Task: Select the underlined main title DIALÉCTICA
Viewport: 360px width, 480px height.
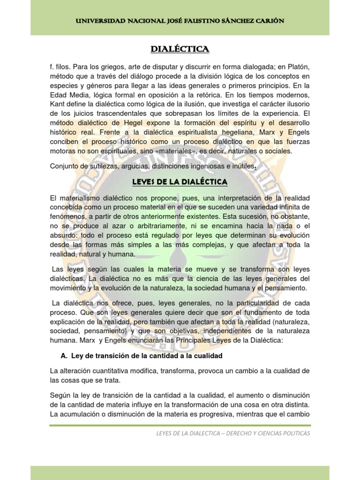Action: (180, 49)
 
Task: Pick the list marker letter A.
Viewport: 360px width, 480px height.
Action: (66, 356)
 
